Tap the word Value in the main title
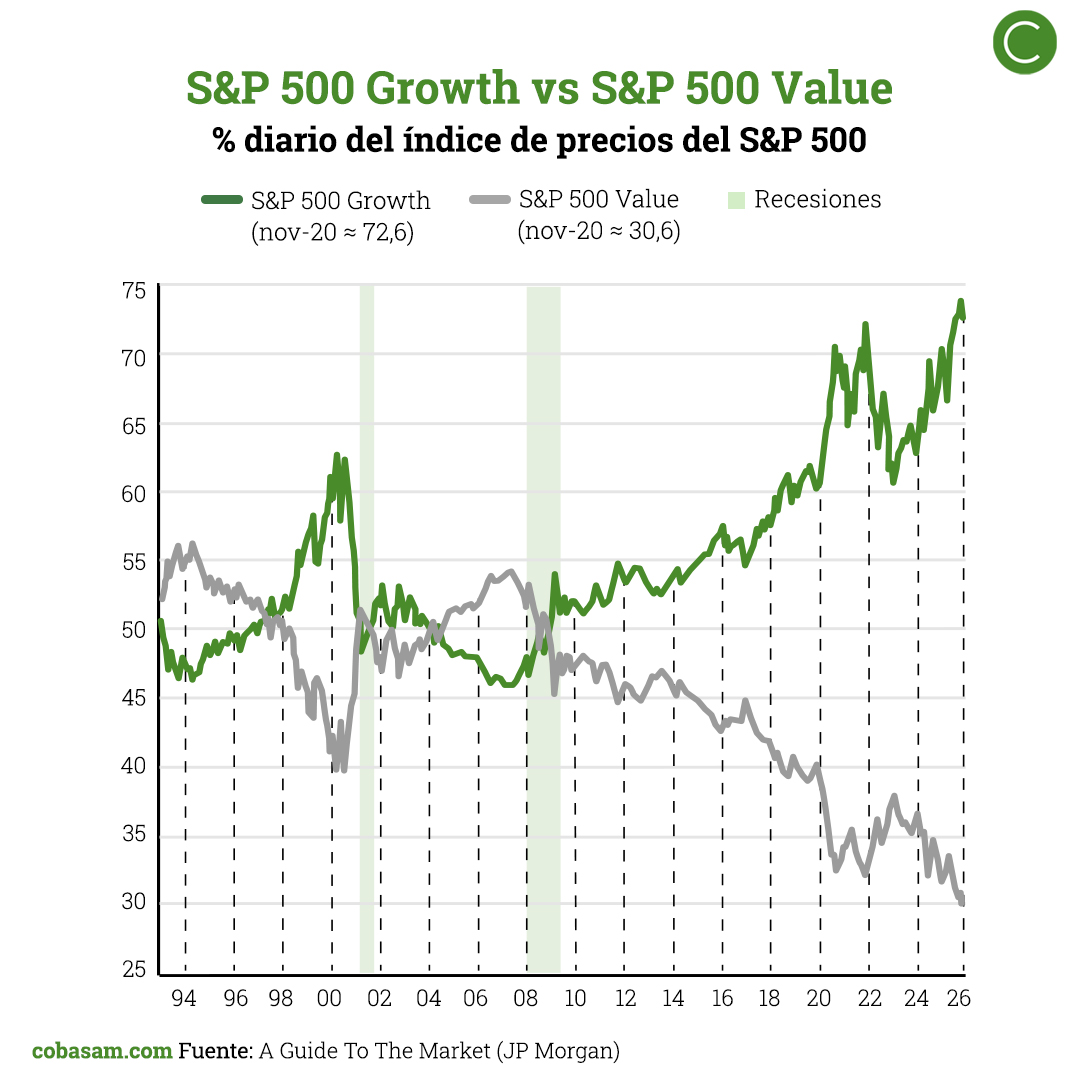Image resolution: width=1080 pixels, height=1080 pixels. pyautogui.click(x=824, y=88)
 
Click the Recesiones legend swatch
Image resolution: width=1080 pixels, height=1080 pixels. pyautogui.click(x=736, y=199)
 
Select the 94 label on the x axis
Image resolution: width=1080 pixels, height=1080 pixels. pyautogui.click(x=185, y=998)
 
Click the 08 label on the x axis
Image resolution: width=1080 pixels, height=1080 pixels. pyautogui.click(x=526, y=998)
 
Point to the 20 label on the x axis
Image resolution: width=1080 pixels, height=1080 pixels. pyautogui.click(x=819, y=998)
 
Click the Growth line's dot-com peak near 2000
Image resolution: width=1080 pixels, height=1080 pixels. pyautogui.click(x=337, y=456)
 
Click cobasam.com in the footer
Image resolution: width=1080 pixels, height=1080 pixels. pyautogui.click(x=101, y=1051)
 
